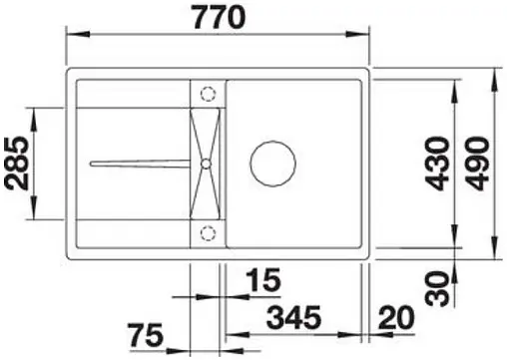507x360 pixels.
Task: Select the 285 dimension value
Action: pyautogui.click(x=17, y=164)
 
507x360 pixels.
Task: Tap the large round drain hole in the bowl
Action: pyautogui.click(x=274, y=163)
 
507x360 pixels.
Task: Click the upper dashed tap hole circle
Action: pyautogui.click(x=208, y=93)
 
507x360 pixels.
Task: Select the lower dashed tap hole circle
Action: pyautogui.click(x=208, y=233)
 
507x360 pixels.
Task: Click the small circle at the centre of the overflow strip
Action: pyautogui.click(x=206, y=163)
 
